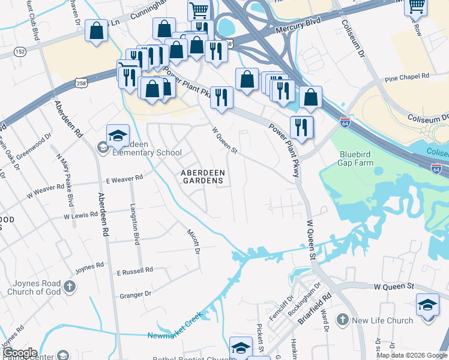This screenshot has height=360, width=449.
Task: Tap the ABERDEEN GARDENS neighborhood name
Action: [203, 177]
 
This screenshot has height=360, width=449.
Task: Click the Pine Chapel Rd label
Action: [407, 77]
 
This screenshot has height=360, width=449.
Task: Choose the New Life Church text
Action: [382, 320]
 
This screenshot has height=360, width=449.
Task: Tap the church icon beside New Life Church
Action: [343, 320]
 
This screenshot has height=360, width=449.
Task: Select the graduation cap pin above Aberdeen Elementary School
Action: [118, 136]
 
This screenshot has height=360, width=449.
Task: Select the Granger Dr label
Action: [136, 294]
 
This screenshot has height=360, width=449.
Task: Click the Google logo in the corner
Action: [20, 353]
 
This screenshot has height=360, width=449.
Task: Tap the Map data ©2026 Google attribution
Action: [412, 355]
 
